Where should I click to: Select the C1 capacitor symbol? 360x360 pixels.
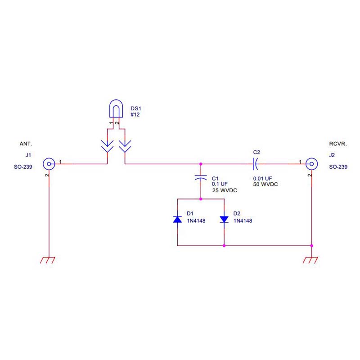point(201,177)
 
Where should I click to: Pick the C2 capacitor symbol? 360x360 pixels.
point(255,164)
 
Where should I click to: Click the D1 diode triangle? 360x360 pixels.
point(177,219)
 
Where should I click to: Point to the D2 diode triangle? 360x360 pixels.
point(224,219)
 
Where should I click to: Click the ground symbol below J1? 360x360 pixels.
point(48,260)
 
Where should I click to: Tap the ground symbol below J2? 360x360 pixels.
point(310,260)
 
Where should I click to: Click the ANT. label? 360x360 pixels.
point(26,144)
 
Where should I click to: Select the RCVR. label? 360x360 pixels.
point(338,144)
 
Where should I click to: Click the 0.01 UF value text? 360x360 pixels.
point(262,179)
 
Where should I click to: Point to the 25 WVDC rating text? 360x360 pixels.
point(225,190)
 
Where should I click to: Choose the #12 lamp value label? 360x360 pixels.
point(135,115)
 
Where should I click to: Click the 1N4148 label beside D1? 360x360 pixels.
point(196,221)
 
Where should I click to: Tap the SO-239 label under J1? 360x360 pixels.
point(23,167)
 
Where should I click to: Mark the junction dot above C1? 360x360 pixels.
point(201,164)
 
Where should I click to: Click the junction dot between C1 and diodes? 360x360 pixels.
point(201,199)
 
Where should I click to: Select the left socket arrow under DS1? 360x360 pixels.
point(107,146)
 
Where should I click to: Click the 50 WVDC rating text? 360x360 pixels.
point(265,184)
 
